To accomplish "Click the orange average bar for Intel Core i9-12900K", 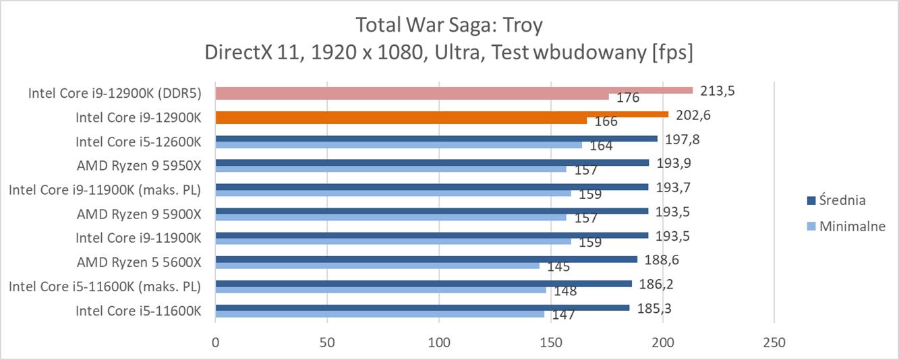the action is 442,115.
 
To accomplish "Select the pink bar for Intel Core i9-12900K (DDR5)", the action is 453,90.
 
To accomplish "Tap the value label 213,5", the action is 717,91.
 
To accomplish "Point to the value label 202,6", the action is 693,115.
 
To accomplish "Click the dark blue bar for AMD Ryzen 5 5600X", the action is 426,260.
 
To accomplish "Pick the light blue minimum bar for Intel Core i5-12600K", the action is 399,145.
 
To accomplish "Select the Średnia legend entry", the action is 836,200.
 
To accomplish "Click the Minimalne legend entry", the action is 846,227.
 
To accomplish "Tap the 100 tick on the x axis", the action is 438,342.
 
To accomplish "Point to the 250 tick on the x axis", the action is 774,342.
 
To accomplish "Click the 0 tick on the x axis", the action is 216,342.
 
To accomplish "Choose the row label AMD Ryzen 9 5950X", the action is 139,166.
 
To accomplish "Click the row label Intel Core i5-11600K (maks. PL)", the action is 105,287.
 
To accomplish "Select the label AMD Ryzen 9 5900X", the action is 139,214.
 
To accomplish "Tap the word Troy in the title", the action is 523,26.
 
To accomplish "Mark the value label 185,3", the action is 654,309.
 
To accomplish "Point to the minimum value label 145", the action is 558,266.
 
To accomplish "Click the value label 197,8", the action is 683,140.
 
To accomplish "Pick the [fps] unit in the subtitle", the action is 672,53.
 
